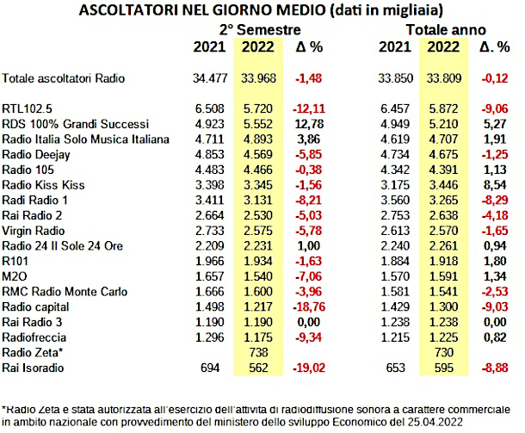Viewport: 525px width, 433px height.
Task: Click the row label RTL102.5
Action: coord(27,108)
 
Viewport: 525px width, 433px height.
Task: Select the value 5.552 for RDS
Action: coord(258,124)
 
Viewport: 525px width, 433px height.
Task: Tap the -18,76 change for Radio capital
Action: coord(309,306)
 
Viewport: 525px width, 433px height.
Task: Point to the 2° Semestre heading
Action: coord(260,30)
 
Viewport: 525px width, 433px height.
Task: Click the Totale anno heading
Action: coord(446,30)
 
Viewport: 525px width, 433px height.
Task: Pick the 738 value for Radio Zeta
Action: coord(258,352)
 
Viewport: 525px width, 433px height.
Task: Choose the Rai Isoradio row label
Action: coord(33,368)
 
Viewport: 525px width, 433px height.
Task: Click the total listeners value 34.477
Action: coord(210,78)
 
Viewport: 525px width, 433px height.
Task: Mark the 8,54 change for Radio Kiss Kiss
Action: coord(495,185)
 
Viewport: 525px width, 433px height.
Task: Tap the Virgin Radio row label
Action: coord(34,231)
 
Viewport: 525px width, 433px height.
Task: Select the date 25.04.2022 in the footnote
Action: coord(435,422)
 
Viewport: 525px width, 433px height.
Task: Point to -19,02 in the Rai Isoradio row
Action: coord(309,368)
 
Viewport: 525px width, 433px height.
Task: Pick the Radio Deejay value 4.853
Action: coord(210,154)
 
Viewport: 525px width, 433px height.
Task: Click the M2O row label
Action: coord(15,276)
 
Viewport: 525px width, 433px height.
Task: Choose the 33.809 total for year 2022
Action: coord(444,78)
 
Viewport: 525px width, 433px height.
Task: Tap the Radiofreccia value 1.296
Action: coord(210,337)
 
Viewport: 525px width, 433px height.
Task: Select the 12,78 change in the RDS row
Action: coord(309,124)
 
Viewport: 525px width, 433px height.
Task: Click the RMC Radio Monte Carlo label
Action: coord(65,292)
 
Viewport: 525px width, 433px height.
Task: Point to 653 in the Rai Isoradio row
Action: coord(395,368)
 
